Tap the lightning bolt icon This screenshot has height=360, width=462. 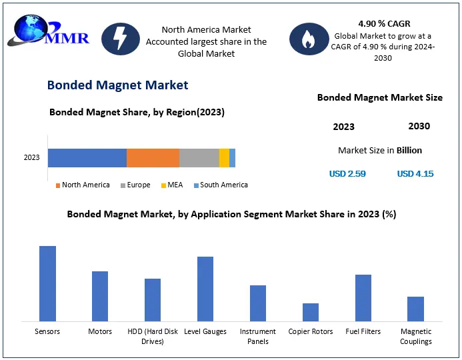pyautogui.click(x=121, y=39)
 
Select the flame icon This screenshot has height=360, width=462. pyautogui.click(x=309, y=39)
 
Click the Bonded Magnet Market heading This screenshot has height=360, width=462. pyautogui.click(x=117, y=85)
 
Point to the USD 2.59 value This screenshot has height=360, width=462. pyautogui.click(x=347, y=174)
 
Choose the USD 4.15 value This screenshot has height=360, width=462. pyautogui.click(x=415, y=174)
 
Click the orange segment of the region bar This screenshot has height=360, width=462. pyautogui.click(x=153, y=158)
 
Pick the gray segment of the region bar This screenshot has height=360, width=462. pyautogui.click(x=199, y=158)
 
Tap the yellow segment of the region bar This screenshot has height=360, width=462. pyautogui.click(x=224, y=158)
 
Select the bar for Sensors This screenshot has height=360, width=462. pyautogui.click(x=47, y=284)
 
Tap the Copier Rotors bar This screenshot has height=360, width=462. pyautogui.click(x=311, y=313)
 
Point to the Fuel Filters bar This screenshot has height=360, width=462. pyautogui.click(x=363, y=298)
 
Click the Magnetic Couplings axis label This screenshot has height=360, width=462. pyautogui.click(x=415, y=336)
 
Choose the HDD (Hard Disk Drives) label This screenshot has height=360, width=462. pyautogui.click(x=153, y=336)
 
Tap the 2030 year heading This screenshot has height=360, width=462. pyautogui.click(x=419, y=126)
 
